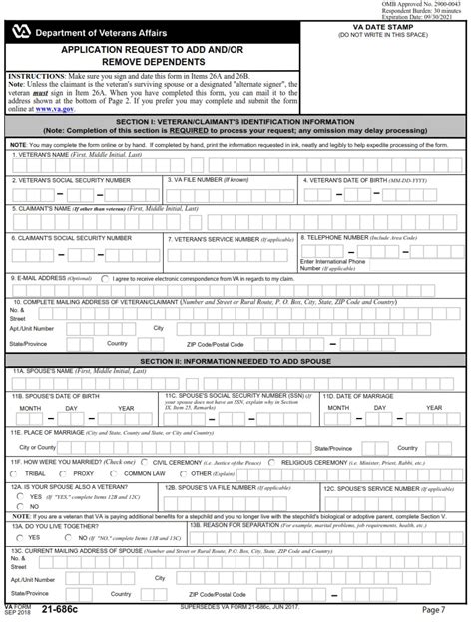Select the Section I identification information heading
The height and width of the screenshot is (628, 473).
(x=236, y=120)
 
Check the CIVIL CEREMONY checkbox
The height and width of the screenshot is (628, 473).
(x=145, y=463)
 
